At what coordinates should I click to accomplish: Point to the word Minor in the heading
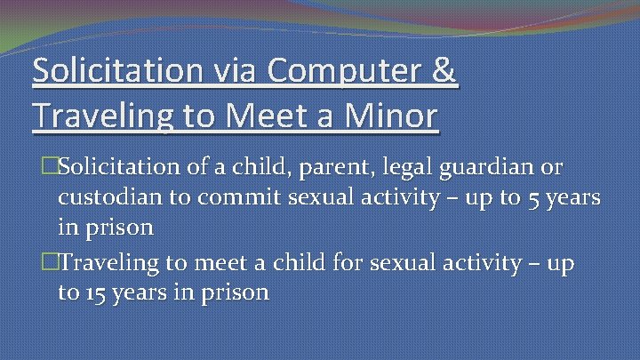(391, 116)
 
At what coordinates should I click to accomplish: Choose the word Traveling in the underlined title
(100, 116)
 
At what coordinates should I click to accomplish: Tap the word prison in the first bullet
(118, 228)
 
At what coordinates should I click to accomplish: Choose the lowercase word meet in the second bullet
(185, 263)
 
